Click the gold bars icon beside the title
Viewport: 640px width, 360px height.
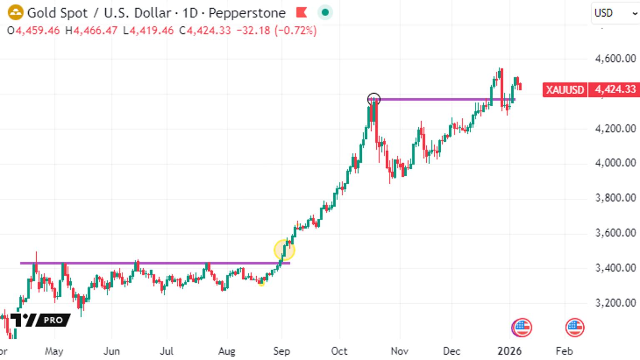point(15,12)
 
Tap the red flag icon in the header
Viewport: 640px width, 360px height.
point(301,12)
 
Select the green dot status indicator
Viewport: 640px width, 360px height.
point(325,12)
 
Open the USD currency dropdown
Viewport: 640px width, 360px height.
point(615,13)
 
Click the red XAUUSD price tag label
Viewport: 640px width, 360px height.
point(565,90)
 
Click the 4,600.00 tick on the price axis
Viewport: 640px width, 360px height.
point(615,59)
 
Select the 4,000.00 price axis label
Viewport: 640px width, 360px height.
point(615,163)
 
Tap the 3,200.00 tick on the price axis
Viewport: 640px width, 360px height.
point(615,302)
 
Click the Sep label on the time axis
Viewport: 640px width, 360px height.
point(281,351)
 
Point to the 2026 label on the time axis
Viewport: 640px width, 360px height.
point(510,351)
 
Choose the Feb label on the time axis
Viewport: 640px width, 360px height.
point(564,351)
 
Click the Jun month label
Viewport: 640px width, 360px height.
point(111,351)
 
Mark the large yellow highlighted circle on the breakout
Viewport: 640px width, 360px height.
point(284,250)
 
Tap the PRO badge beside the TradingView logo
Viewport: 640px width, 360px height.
point(53,320)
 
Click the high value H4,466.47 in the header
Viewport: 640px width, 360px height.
point(91,30)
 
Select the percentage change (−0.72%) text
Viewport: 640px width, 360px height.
point(296,30)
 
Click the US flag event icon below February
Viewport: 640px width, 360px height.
point(575,327)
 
